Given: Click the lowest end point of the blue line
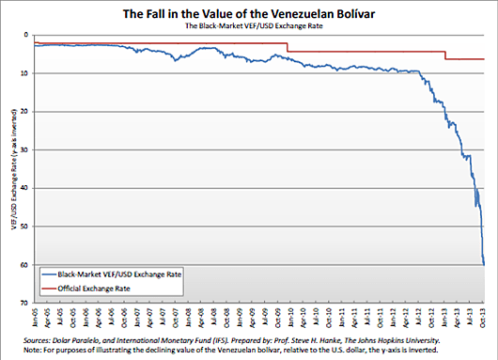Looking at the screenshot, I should (483, 264).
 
